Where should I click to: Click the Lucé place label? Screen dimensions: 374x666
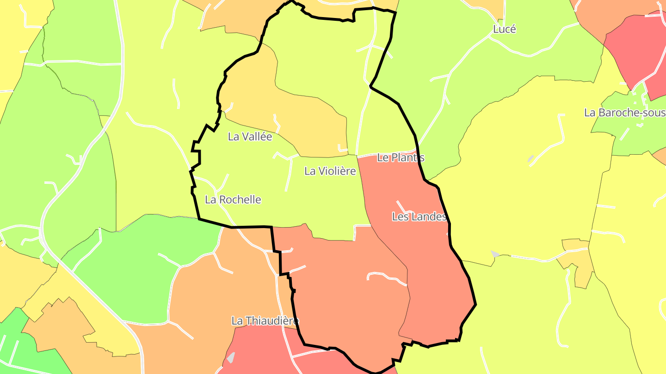coord(504,29)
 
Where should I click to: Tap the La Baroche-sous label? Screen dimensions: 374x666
coord(624,113)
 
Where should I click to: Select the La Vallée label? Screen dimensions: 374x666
coord(250,137)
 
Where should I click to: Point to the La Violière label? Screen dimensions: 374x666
coord(330,171)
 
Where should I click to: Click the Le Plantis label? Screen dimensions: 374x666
coord(401,157)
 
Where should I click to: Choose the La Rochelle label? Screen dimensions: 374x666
coord(233,200)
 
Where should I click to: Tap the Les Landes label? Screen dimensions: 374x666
coord(419,217)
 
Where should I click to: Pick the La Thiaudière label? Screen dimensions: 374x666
coord(265,320)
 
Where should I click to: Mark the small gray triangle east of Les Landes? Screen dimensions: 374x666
coord(495,254)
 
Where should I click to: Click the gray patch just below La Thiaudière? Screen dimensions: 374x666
coord(231,358)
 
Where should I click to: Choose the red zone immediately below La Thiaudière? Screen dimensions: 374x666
coord(259,351)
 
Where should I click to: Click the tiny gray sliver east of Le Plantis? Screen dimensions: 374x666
coord(530,159)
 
